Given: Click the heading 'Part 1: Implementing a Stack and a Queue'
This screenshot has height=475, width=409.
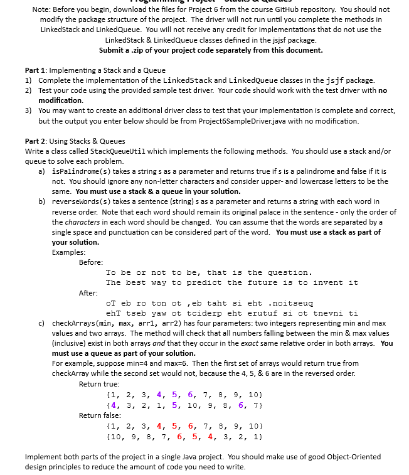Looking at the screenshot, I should pyautogui.click(x=95, y=70).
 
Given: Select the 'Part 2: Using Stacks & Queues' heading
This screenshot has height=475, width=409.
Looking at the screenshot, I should pyautogui.click(x=75, y=141).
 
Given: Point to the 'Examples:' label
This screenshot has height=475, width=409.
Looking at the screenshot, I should pyautogui.click(x=68, y=252).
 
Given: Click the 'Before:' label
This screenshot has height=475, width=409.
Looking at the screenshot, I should pyautogui.click(x=91, y=262).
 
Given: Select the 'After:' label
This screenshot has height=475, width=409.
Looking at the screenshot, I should pyautogui.click(x=88, y=292).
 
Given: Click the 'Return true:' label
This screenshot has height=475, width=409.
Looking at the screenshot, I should pyautogui.click(x=98, y=383).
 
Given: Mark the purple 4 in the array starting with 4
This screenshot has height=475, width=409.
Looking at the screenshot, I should pyautogui.click(x=112, y=404).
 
